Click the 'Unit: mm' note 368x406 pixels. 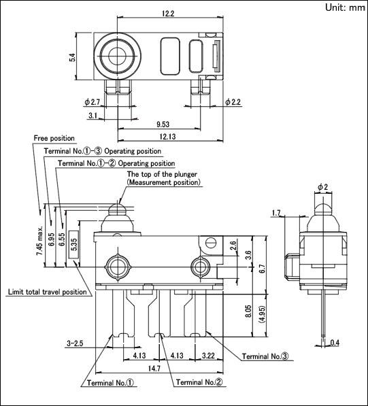coord(345,7)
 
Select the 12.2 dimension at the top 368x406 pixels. coord(168,14)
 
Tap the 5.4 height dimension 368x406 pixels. coord(72,57)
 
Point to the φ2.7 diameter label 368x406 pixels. coord(93,102)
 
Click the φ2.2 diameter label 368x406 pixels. coord(233,102)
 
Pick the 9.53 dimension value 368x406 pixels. coord(163,124)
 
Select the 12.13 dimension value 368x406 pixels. coord(167,136)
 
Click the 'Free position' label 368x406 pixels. coord(54,138)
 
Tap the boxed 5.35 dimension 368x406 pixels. coord(74,244)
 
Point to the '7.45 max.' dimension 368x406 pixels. coord(39,241)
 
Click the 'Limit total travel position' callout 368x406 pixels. coord(48,292)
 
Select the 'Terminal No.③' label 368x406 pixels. coord(265,356)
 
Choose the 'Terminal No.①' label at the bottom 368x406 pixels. coord(111,383)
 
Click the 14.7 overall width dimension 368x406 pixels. coord(154,368)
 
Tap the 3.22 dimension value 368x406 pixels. coord(208,356)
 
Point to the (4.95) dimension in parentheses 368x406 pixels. coord(262,314)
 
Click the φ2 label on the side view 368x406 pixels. coord(322,187)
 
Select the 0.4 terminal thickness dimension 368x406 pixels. coord(335,343)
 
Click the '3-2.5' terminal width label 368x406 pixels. coord(75,343)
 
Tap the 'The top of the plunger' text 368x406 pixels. coord(162,174)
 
